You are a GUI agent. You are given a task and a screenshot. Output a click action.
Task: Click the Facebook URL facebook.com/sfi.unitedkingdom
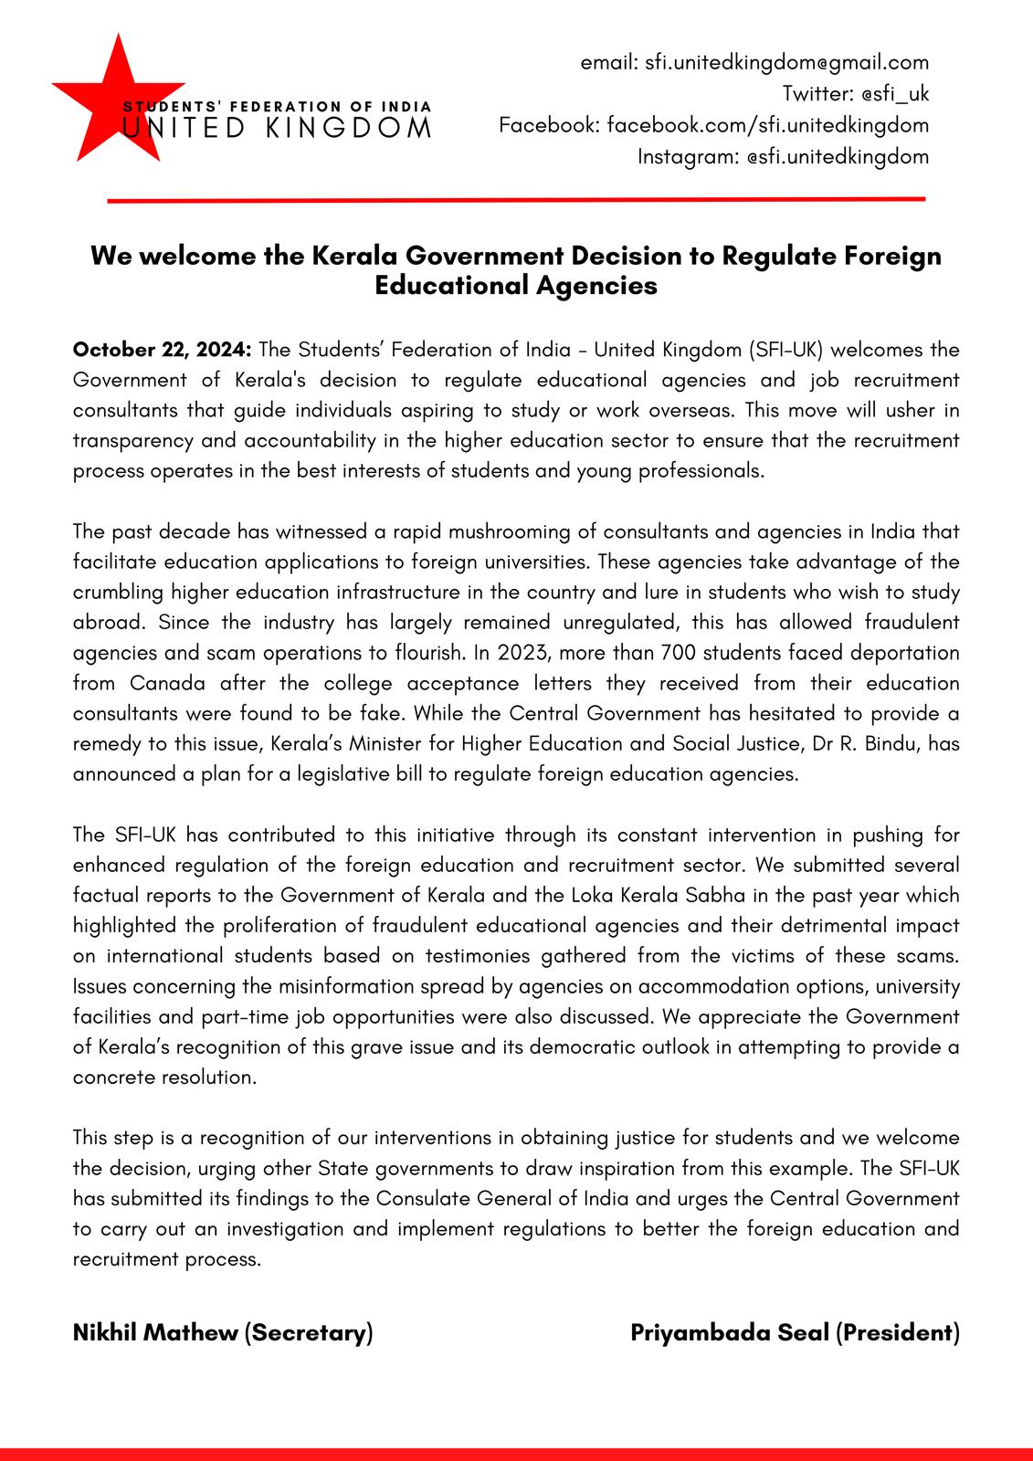point(767,124)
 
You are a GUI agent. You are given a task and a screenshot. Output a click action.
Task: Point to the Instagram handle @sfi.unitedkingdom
point(837,156)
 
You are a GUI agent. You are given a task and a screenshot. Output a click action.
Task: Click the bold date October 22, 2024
point(163,350)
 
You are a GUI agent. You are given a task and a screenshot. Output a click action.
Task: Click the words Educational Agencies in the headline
point(516,285)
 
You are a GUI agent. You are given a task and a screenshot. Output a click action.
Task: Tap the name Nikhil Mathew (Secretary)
point(223,1332)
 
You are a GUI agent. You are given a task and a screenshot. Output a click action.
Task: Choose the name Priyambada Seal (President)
point(795,1332)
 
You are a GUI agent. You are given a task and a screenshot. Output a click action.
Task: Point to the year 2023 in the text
point(522,653)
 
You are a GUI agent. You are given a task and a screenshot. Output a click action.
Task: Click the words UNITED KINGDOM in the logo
point(277,128)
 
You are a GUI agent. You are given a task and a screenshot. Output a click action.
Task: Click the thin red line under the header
point(516,198)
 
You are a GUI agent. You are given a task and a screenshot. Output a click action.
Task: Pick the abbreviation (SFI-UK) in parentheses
point(786,350)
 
